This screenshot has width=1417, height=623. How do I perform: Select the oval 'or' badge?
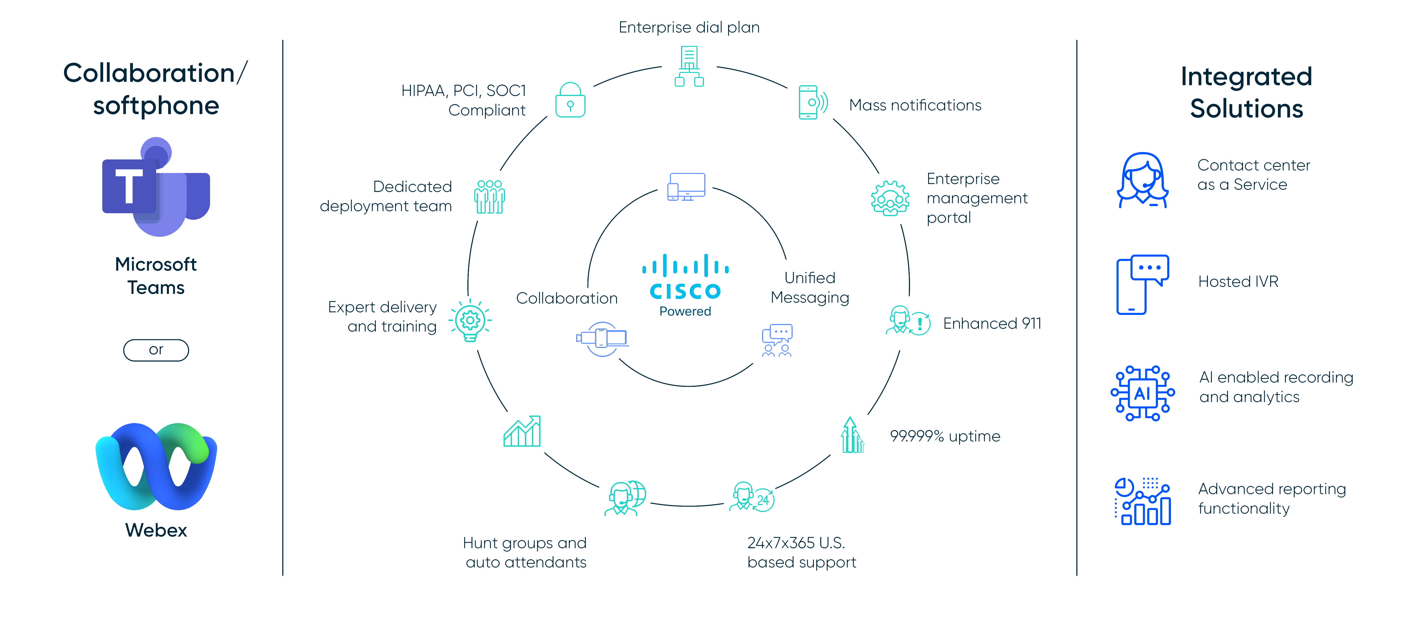pos(156,350)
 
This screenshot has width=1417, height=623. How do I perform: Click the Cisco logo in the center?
pos(685,277)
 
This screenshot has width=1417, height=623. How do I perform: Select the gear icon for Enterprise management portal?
pos(890,198)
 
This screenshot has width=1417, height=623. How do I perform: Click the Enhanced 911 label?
pos(992,323)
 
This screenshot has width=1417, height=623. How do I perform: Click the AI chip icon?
pos(1142,393)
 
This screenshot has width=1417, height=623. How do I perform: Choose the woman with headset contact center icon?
pos(1142,180)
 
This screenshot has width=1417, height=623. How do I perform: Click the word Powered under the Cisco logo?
pos(685,311)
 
